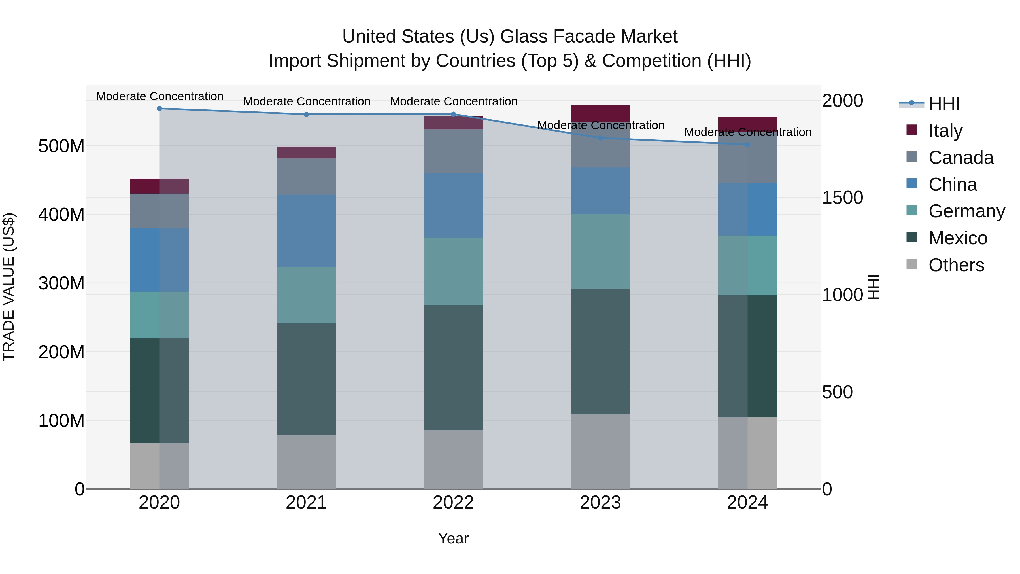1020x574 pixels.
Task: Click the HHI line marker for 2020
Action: pos(159,109)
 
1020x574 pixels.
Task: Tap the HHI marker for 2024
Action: pos(747,145)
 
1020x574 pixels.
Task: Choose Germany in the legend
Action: pos(966,211)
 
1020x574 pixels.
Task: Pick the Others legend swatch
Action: pos(911,264)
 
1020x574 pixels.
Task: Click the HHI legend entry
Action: pos(944,104)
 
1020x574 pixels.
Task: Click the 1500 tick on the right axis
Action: pos(842,198)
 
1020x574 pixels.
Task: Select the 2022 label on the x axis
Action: pos(453,503)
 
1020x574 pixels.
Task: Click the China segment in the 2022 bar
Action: pos(453,205)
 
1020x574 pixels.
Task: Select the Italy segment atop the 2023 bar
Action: pos(600,113)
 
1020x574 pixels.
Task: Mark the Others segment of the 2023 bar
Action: pos(600,451)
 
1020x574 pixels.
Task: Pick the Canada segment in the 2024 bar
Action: pos(747,157)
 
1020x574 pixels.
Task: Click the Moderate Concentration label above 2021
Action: pos(307,101)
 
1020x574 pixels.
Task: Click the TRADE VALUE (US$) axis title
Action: pos(9,287)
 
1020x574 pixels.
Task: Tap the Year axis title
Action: pos(453,538)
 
